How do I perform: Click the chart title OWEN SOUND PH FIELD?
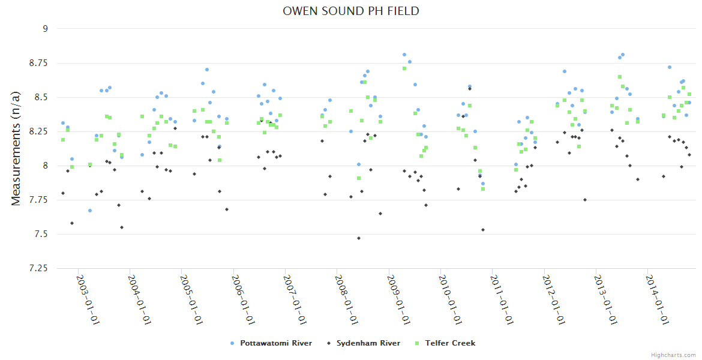[x=351, y=11]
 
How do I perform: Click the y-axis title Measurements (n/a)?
[x=16, y=148]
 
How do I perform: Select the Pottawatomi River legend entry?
[x=275, y=343]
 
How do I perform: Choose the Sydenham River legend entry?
[x=368, y=343]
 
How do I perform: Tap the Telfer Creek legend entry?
[x=450, y=343]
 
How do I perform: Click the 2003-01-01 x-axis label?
[x=86, y=300]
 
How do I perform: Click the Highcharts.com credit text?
[x=673, y=355]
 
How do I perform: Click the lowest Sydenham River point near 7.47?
[x=359, y=238]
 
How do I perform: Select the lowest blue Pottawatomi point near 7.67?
[x=90, y=211]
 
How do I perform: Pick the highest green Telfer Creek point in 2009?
[x=404, y=68]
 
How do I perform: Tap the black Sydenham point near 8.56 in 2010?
[x=470, y=89]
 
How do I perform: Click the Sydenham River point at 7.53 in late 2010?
[x=483, y=230]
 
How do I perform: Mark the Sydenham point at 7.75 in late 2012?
[x=585, y=200]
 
